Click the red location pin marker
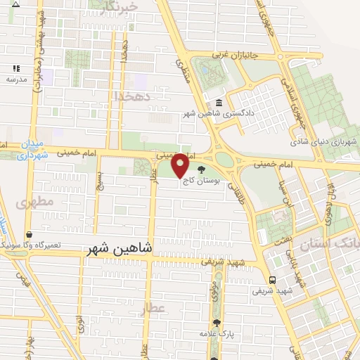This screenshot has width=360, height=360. (180, 165)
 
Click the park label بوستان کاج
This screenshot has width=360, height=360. (201, 181)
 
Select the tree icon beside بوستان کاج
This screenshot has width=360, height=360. (202, 169)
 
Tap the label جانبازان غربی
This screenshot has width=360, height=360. (238, 55)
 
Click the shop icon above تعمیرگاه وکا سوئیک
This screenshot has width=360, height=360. (29, 235)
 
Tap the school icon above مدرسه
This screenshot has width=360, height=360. (15, 69)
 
